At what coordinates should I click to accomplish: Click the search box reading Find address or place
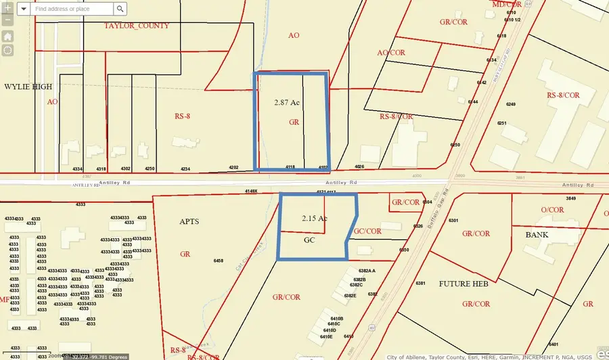click(x=72, y=9)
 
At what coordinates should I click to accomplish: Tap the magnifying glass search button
click(x=120, y=9)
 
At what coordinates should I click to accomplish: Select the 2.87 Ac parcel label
click(x=287, y=103)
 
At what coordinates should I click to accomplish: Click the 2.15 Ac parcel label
click(x=314, y=219)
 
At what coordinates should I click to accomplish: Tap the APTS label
click(x=188, y=221)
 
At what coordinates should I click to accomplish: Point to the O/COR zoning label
click(x=552, y=210)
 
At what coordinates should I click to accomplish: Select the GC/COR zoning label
click(x=367, y=231)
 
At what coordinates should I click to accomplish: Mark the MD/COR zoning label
click(x=507, y=4)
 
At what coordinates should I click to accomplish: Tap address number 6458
click(x=218, y=261)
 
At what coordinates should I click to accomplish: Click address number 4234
click(x=185, y=168)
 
